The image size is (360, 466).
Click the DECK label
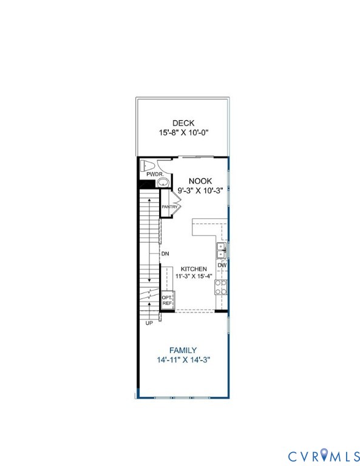(x=183, y=123)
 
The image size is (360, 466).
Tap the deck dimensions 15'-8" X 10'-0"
(x=183, y=133)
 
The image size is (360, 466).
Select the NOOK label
(x=200, y=181)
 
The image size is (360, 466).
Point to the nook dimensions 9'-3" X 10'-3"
(x=200, y=190)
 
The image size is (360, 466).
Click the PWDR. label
(x=154, y=174)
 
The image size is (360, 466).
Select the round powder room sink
(x=162, y=181)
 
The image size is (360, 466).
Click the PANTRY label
(x=169, y=208)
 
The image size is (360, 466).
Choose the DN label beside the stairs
(x=164, y=254)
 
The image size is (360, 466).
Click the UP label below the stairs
(x=149, y=323)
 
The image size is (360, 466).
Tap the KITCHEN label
(x=193, y=269)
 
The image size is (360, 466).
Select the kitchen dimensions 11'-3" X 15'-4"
(x=193, y=277)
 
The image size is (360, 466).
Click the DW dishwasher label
(x=222, y=265)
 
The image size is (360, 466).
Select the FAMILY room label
(x=183, y=350)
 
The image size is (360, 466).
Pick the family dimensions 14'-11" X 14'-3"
(x=183, y=360)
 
